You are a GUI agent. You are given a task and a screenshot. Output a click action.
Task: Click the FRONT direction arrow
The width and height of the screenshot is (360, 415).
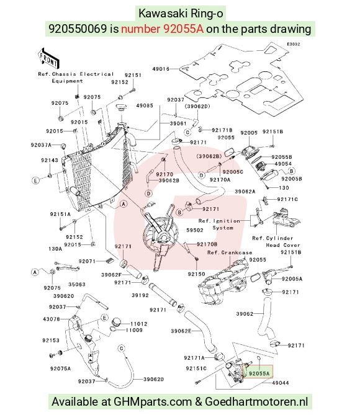point(48,58)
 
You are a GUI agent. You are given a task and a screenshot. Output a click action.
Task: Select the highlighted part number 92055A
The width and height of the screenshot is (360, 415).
point(259,373)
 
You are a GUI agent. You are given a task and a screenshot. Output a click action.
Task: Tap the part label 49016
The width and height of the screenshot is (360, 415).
point(161,69)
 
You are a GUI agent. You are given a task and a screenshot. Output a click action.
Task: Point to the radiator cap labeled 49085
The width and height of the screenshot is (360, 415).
point(122,109)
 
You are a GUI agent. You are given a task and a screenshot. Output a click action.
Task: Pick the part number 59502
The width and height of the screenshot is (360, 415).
point(195,230)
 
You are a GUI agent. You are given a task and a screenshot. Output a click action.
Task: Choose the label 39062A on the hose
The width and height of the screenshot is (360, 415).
point(245,192)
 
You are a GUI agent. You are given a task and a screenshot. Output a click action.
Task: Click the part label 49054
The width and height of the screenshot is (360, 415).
point(283,164)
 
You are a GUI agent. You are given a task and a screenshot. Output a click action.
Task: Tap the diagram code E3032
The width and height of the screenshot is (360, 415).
point(294,44)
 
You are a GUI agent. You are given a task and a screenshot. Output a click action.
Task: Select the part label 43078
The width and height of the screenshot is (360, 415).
point(52,319)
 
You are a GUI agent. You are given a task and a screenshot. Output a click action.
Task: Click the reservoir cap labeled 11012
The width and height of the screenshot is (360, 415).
point(116,323)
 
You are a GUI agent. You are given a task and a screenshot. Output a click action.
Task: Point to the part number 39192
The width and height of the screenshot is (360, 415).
point(140,295)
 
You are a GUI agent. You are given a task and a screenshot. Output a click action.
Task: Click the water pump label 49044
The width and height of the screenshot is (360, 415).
point(281,383)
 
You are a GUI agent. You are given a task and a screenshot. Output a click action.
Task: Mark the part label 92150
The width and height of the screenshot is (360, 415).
point(196,274)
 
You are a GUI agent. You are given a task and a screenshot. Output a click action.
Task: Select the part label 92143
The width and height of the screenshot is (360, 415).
point(50,161)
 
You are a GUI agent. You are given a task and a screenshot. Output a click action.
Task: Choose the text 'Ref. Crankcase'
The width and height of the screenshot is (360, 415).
point(230,252)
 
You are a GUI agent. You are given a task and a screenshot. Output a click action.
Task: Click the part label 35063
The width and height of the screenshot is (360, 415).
point(77,285)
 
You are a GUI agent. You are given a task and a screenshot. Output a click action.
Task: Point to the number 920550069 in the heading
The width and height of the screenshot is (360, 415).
point(78,29)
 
